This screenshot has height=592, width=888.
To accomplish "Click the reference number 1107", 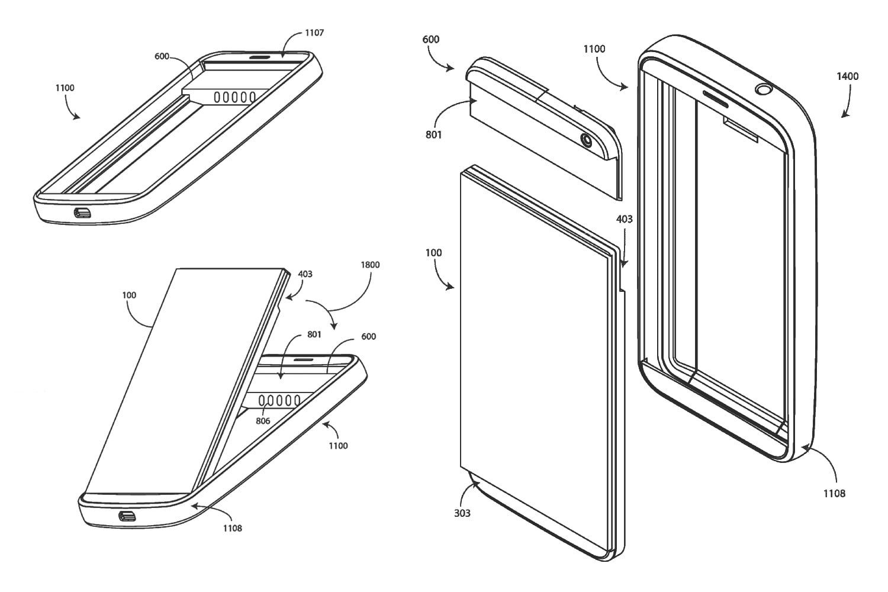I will tap(314, 33).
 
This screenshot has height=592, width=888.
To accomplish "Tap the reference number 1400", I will tap(848, 76).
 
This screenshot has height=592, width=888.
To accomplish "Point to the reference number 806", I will tap(263, 421).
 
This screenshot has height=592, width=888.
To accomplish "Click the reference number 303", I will tap(462, 513).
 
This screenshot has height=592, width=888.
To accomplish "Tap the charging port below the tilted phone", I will tap(127, 516).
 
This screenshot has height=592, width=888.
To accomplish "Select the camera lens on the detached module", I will tap(587, 141).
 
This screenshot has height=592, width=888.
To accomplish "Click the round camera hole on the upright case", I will tap(764, 90).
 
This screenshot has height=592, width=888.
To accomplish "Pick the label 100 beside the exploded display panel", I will tap(433, 253).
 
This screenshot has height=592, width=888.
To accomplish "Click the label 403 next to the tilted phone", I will tap(305, 274).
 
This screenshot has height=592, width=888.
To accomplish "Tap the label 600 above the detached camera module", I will tap(431, 39).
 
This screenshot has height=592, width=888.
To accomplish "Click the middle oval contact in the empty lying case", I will tap(235, 96).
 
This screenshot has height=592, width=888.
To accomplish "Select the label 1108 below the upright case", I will tap(834, 493).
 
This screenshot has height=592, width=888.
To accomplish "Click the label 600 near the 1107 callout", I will tap(162, 56).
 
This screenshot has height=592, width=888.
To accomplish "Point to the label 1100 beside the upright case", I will tap(594, 49).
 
